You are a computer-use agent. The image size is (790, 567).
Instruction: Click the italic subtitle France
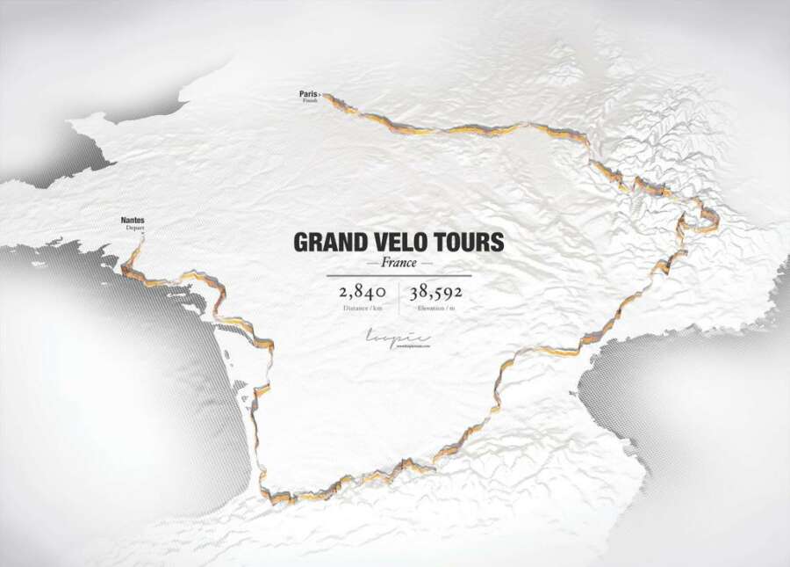coord(399,263)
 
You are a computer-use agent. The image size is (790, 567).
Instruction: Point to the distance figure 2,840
coord(363,292)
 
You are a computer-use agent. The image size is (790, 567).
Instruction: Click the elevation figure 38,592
coord(435,292)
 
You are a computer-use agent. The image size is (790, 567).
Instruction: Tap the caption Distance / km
coord(363,309)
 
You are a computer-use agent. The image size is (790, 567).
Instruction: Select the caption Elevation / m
coord(435,309)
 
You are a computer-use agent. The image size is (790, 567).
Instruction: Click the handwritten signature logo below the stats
coord(397,338)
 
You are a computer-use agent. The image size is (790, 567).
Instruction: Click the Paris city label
coord(307,92)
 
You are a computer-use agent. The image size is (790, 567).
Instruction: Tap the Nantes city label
coord(133,220)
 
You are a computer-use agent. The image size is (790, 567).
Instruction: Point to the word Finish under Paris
coord(310,99)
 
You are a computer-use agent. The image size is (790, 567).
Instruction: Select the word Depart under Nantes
coord(134,228)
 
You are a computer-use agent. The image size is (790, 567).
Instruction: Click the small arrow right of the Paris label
coord(320,92)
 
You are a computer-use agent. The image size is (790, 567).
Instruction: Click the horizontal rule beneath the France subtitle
coord(399,275)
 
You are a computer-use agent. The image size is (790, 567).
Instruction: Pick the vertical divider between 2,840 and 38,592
coord(399,298)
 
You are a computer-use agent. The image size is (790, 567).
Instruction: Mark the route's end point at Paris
coord(326,95)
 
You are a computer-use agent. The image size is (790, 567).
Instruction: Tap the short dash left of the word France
coord(372,263)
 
